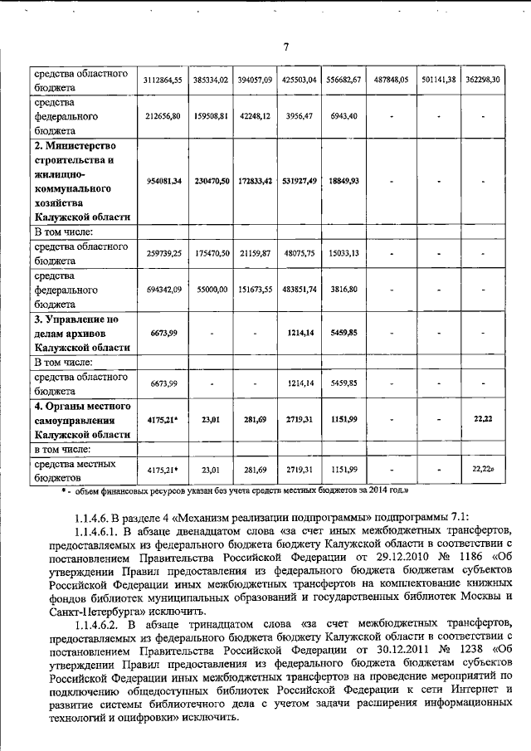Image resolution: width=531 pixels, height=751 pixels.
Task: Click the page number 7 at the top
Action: pos(285,47)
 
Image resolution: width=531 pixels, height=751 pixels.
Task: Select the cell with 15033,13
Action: pos(342,253)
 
